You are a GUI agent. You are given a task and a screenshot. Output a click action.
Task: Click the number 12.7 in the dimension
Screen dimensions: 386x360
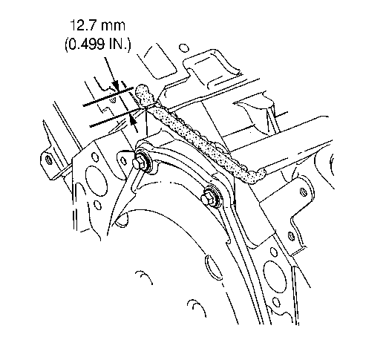(x=83, y=26)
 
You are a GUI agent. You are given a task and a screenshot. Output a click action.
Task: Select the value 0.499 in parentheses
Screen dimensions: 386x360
(x=86, y=45)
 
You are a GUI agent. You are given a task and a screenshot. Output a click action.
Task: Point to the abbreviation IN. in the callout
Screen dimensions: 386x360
(x=118, y=45)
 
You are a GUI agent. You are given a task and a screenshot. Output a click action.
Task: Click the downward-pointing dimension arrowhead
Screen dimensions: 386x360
(x=116, y=85)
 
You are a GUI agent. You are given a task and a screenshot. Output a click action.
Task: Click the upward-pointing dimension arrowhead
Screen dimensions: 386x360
(x=133, y=121)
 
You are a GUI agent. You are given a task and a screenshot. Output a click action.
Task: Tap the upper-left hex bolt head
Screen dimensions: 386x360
(x=137, y=163)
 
